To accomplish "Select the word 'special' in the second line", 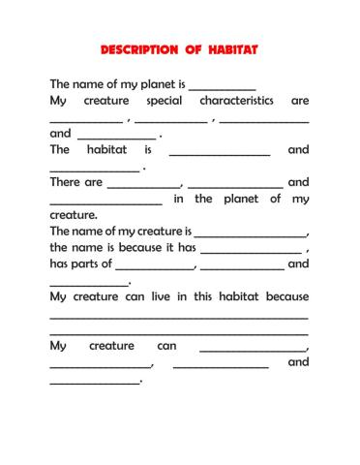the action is [x=163, y=101].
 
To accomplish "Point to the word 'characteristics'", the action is [x=236, y=101].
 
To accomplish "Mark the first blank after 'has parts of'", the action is [x=155, y=267].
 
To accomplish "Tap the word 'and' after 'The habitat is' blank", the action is [x=298, y=150].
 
